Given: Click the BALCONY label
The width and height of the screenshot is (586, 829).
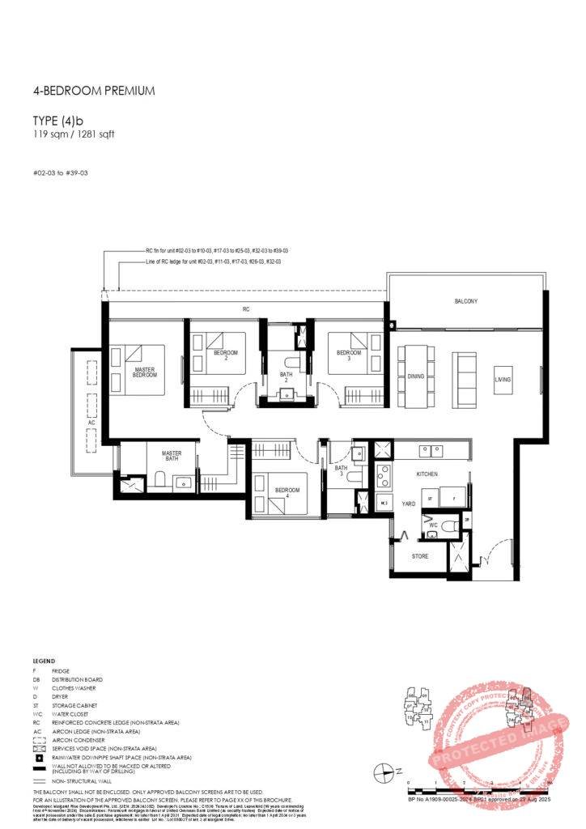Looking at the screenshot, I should click(x=465, y=301).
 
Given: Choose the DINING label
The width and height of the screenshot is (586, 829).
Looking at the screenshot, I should click(x=415, y=377).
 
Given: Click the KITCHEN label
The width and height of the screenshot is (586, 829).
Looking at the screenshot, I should click(x=427, y=473).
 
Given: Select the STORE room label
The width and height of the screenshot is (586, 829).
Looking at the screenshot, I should click(x=419, y=556).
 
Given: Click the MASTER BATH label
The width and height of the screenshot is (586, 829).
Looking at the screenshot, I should click(x=171, y=456).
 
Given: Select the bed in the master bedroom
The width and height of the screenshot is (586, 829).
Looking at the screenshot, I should click(x=144, y=370).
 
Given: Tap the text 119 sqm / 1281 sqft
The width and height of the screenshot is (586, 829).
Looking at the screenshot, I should click(x=74, y=134).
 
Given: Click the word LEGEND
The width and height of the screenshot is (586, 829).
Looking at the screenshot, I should click(x=44, y=661).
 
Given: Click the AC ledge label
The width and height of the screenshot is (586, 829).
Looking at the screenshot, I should click(x=92, y=423).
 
